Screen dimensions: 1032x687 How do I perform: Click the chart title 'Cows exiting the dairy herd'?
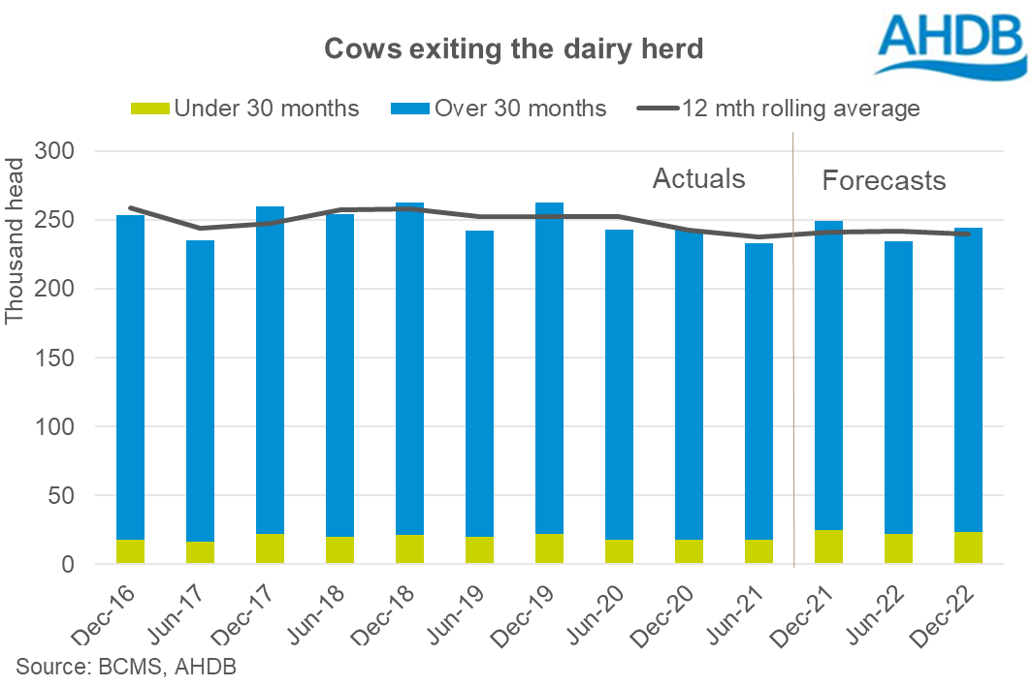coord(514,49)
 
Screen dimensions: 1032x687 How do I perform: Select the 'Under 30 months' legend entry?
coord(244,109)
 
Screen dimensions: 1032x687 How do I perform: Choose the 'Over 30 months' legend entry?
coord(499,109)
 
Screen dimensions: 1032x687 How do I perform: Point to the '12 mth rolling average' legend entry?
coord(779,109)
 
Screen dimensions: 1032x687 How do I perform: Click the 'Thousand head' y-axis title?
coord(14,240)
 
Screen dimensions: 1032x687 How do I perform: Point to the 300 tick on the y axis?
coord(54,151)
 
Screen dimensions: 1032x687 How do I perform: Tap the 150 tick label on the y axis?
coord(54,358)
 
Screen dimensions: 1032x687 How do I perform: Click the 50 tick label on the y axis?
coord(61,495)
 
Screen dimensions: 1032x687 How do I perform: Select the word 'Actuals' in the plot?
coord(699,179)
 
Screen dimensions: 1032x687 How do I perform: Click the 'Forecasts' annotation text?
coord(884,180)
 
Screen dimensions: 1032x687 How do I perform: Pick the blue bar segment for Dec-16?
coord(130,377)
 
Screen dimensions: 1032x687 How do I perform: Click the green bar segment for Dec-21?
coord(828,546)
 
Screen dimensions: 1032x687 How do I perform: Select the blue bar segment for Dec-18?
coord(409,369)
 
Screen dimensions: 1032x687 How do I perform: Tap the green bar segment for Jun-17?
coord(200,552)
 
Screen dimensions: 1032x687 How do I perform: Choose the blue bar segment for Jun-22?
coord(898,388)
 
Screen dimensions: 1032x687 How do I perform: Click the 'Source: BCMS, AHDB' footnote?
coord(126,667)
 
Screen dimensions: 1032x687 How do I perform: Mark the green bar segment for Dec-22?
coord(968,547)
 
